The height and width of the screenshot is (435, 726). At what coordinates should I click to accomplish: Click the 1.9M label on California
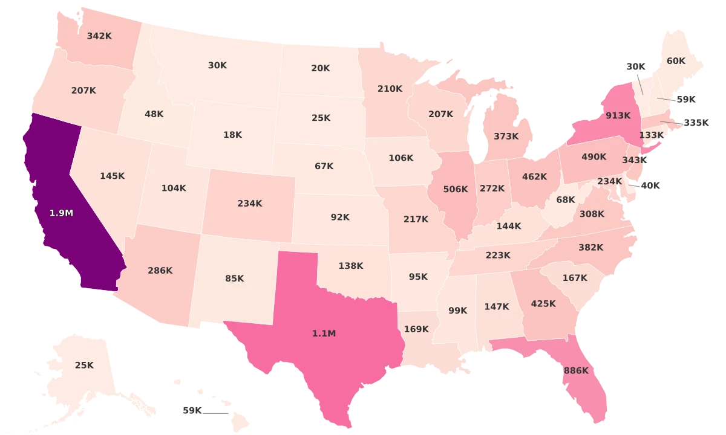point(61,213)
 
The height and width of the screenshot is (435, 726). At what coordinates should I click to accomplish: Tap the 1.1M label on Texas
point(324,333)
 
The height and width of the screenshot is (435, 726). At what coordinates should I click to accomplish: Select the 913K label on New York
point(618,115)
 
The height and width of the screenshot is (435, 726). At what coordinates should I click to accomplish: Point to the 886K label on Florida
point(575,370)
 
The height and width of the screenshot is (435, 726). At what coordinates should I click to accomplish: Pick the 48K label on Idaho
point(154,114)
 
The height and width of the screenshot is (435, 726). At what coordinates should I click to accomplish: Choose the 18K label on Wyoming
point(232,135)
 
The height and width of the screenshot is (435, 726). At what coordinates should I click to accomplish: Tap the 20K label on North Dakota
point(321,68)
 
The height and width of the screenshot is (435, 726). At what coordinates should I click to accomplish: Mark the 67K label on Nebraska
point(324,166)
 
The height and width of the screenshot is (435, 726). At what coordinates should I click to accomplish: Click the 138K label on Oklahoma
point(351,265)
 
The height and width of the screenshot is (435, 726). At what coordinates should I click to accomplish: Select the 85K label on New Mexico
point(235,279)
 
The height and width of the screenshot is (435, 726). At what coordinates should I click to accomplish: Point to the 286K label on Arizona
point(160,270)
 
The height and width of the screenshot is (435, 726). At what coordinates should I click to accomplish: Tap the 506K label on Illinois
point(456,189)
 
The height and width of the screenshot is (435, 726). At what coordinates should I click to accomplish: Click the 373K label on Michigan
point(506,136)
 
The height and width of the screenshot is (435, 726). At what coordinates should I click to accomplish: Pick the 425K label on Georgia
point(543,303)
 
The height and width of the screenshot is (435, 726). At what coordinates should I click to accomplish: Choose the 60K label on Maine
point(676,61)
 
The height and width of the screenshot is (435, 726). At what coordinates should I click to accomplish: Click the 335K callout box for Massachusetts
point(696,123)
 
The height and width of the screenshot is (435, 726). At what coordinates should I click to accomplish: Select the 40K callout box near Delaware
point(650,185)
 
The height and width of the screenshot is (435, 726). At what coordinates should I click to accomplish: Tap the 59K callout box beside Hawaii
point(192,410)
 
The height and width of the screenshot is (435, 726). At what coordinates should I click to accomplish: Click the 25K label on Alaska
point(84,365)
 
